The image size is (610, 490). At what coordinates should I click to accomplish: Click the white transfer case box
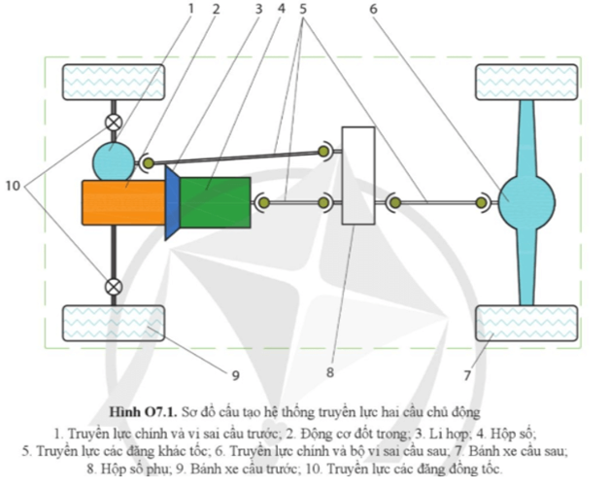tap(358, 176)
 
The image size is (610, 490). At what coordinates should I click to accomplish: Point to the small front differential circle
tap(114, 157)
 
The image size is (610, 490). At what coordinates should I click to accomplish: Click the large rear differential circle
tap(525, 201)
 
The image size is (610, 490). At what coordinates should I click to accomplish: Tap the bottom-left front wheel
tap(99, 322)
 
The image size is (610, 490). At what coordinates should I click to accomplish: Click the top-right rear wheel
tap(525, 81)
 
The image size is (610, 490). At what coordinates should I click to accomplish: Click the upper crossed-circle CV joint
tap(114, 123)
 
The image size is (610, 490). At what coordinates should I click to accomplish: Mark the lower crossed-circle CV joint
tap(114, 287)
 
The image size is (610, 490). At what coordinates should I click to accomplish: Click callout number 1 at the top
tap(191, 9)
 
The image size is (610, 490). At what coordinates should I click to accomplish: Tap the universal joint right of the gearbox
tap(262, 202)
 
